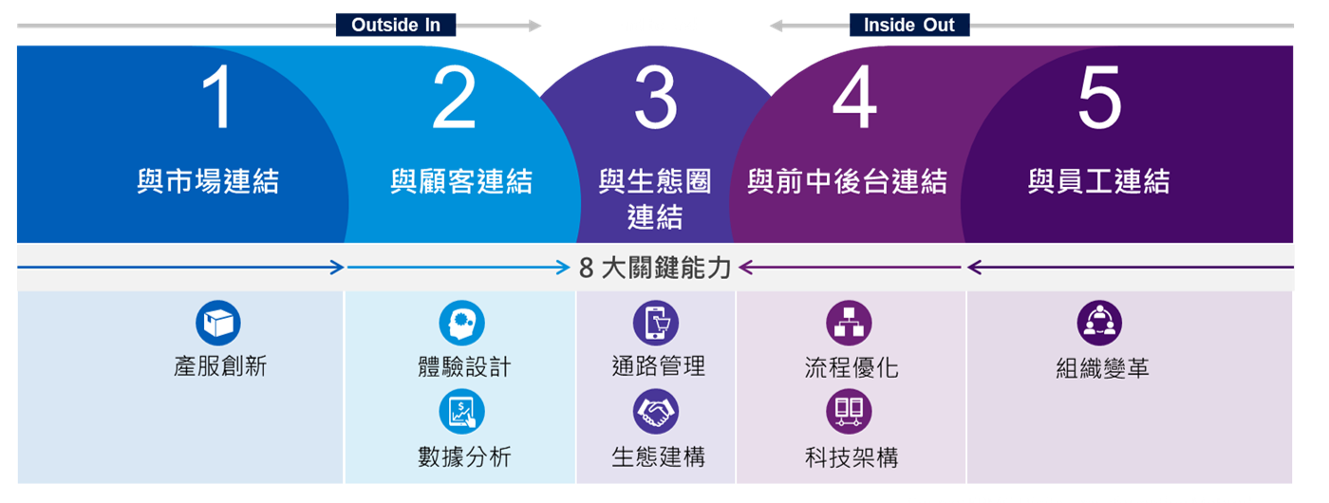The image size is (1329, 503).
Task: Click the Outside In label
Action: point(395,26)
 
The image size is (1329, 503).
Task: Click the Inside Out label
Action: point(908,26)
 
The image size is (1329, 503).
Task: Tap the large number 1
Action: point(219,100)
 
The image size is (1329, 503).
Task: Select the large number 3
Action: point(655,100)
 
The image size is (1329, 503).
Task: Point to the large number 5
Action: point(1099,100)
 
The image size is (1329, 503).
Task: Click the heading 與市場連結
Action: point(208,181)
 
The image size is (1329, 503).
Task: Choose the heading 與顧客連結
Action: point(461,181)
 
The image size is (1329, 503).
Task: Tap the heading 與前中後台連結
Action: point(847,181)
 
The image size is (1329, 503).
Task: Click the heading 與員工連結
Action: point(1098,181)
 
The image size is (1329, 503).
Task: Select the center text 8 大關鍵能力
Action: point(655,269)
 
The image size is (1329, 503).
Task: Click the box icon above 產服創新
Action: point(218,323)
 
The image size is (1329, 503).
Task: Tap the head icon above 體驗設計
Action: point(462,323)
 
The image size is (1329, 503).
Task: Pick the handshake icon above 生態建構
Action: point(656,412)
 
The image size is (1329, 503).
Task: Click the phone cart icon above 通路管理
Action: point(656,323)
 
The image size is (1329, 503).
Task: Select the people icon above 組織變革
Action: point(1099,323)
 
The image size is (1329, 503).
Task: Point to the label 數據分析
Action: point(464,456)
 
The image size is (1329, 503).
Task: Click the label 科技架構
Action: point(851,457)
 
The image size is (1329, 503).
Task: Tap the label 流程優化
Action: point(851,367)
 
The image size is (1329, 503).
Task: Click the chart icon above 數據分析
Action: point(462,413)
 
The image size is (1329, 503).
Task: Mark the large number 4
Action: point(854,100)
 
